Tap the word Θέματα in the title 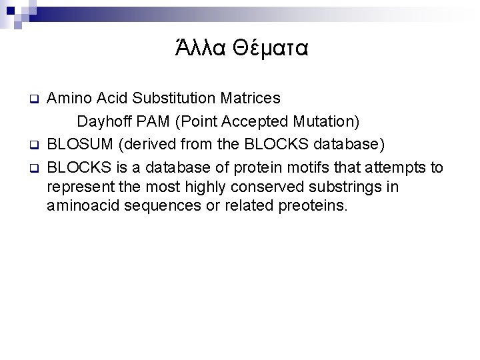click(x=268, y=49)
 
